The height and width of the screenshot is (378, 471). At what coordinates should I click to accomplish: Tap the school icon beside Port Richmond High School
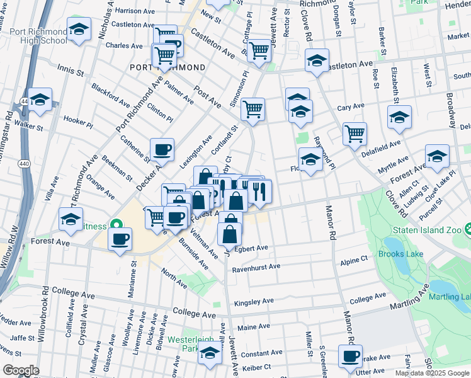79,29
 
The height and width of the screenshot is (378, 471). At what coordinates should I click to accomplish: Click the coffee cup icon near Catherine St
162,149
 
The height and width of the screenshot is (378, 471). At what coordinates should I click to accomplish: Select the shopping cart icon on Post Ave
253,109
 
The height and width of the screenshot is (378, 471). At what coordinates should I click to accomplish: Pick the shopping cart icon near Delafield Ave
355,133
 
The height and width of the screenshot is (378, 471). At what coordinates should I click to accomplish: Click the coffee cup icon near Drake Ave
349,355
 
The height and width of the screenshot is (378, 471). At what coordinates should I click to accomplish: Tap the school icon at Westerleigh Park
210,353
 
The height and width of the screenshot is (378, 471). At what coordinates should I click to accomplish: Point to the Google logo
21,370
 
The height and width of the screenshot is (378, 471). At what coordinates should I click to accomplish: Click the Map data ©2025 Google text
431,373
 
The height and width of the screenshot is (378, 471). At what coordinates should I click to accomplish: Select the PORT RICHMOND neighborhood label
167,67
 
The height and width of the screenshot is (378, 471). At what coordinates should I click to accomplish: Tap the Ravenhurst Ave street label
256,266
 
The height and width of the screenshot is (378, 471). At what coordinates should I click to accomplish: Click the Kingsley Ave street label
256,303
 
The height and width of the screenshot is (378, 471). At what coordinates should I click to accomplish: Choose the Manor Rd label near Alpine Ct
328,222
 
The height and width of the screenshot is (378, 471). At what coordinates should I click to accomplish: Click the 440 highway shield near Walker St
24,101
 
